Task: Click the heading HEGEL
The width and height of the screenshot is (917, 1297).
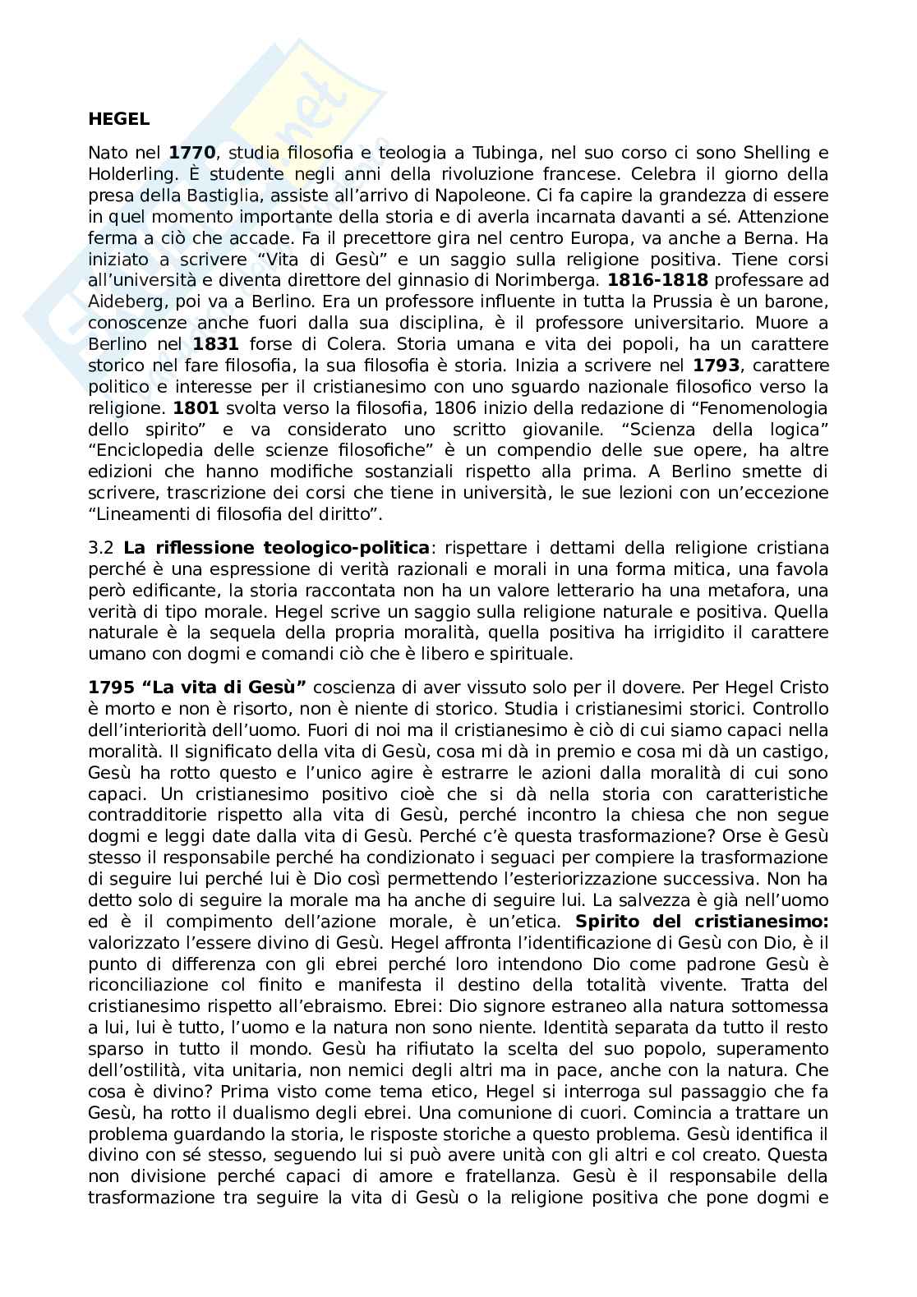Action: (x=118, y=119)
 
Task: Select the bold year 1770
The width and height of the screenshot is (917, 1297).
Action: (x=191, y=153)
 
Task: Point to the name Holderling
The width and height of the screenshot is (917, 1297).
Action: (x=127, y=174)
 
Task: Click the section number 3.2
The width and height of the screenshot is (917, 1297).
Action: (x=102, y=548)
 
